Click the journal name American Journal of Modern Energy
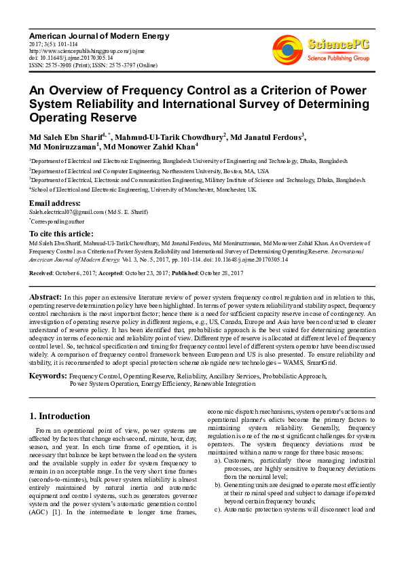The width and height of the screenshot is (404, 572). [x=98, y=35]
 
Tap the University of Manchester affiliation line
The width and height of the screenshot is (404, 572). [x=143, y=190]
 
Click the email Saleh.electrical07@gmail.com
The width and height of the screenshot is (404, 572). [x=65, y=212]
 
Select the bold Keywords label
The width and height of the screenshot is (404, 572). [x=48, y=375]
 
